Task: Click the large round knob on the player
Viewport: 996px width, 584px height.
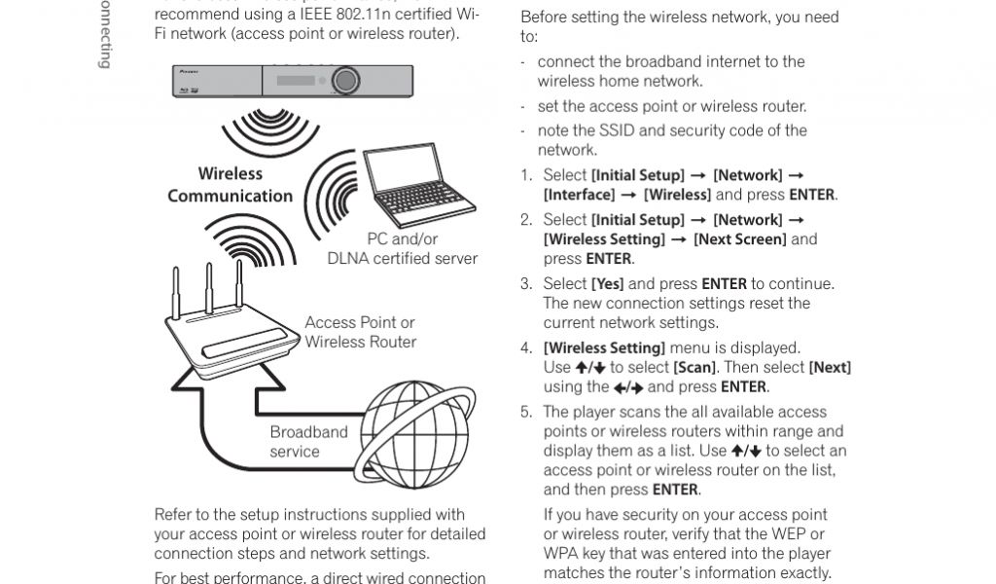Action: tap(343, 79)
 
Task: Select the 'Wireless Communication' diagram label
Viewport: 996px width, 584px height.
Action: tap(231, 185)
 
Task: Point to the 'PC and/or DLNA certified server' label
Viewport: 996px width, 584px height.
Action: tap(402, 248)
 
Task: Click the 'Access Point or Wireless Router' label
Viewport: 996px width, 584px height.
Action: tap(360, 332)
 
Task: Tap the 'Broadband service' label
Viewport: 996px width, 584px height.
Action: tap(308, 442)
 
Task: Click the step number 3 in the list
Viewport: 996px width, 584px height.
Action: tap(526, 284)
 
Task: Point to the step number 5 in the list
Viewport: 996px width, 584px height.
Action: tap(526, 412)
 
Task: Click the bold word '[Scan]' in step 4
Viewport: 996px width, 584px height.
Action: tap(694, 367)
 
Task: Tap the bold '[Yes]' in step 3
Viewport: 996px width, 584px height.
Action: tap(607, 284)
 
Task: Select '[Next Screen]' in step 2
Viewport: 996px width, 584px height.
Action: tap(739, 239)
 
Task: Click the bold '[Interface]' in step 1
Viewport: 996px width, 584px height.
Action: tap(580, 195)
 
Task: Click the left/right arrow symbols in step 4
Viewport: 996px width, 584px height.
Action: tap(628, 387)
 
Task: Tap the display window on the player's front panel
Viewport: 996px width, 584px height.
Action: tap(297, 79)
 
